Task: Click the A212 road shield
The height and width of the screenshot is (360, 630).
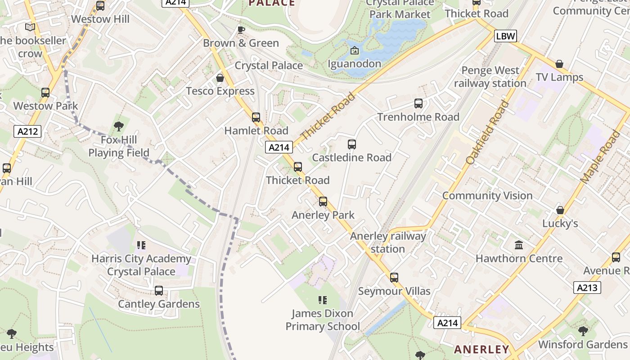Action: pyautogui.click(x=28, y=131)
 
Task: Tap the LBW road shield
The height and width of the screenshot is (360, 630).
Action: pyautogui.click(x=505, y=36)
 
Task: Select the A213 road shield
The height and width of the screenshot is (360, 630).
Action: pyautogui.click(x=587, y=288)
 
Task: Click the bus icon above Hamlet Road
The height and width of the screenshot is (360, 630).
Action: pyautogui.click(x=256, y=117)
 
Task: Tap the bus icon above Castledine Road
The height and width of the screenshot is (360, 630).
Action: pyautogui.click(x=352, y=144)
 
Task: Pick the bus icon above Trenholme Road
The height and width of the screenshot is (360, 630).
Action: pyautogui.click(x=418, y=104)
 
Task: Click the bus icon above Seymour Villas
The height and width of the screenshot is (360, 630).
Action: pyautogui.click(x=394, y=278)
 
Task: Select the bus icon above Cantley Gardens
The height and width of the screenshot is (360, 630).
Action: pyautogui.click(x=159, y=291)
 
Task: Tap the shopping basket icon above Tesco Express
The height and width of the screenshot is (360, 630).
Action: pyautogui.click(x=220, y=78)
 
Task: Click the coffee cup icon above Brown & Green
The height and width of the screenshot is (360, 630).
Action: pyautogui.click(x=241, y=30)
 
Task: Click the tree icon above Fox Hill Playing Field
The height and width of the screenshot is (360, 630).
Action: pyautogui.click(x=119, y=126)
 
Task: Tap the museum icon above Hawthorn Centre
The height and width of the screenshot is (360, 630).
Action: pyautogui.click(x=519, y=245)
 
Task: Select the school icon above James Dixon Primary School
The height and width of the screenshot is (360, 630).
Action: pyautogui.click(x=322, y=300)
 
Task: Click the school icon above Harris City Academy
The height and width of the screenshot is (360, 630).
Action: pyautogui.click(x=141, y=245)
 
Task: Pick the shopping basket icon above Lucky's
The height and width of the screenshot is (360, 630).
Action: pyautogui.click(x=560, y=210)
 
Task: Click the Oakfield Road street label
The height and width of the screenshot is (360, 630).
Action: pyautogui.click(x=488, y=133)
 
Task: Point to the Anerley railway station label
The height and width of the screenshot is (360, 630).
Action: pyautogui.click(x=388, y=243)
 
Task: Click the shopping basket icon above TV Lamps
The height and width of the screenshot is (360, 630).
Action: pyautogui.click(x=559, y=64)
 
